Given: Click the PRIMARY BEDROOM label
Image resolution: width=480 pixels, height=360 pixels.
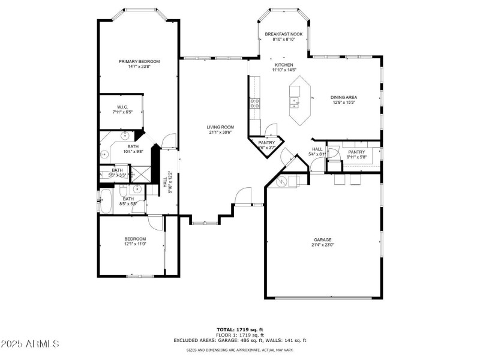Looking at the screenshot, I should tap(139, 61).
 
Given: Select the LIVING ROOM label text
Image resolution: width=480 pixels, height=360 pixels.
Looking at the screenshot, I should tap(220, 127).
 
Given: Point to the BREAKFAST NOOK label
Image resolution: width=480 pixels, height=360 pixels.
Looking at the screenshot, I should tap(284, 34).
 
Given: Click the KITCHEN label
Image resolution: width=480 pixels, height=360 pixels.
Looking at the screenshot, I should tap(284, 65).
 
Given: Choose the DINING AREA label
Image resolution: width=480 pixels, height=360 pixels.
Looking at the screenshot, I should tap(344, 97).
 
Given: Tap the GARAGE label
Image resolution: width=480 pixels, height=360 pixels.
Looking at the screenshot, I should tap(322, 239).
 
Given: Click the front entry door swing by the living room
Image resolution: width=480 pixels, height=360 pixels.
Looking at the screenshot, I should tap(243, 196).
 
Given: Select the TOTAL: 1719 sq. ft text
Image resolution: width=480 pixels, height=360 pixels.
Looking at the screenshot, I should tap(240, 329).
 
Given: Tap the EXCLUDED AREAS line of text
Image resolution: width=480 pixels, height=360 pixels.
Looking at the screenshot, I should tap(240, 340).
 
